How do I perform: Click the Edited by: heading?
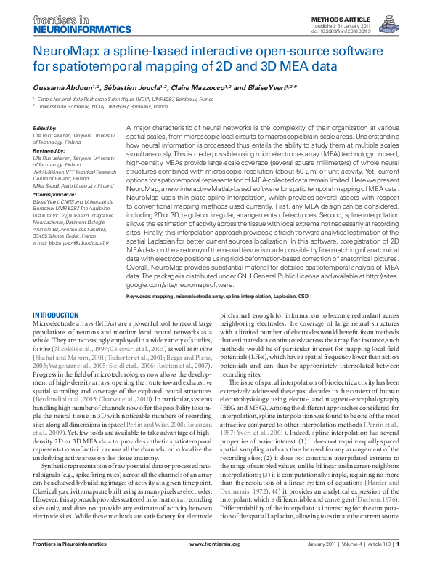click(x=46, y=128)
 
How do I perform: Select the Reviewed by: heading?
click(x=49, y=150)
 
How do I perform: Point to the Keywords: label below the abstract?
click(x=142, y=297)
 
